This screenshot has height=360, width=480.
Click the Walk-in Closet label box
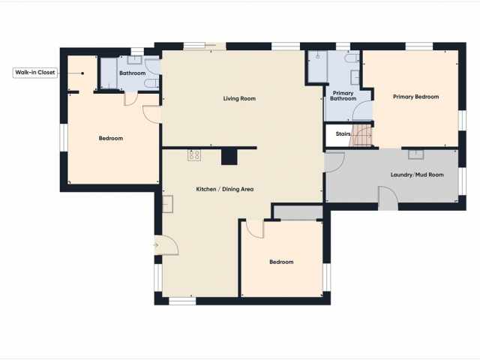(34, 73)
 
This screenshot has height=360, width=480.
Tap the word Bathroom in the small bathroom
(132, 73)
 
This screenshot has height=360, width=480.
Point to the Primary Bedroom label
(416, 97)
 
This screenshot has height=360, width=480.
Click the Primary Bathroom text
(343, 96)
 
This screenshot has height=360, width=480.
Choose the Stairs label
(343, 134)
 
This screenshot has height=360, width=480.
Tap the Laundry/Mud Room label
(417, 175)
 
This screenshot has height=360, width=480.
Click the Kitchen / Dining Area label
(225, 189)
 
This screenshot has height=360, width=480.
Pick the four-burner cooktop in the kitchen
(194, 155)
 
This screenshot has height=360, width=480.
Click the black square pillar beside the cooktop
(228, 156)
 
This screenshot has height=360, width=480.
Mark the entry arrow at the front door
(155, 244)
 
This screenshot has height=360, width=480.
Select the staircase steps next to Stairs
(364, 136)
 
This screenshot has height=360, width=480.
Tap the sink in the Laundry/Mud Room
(416, 154)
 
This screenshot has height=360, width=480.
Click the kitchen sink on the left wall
(167, 203)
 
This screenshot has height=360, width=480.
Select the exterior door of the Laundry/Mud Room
(388, 198)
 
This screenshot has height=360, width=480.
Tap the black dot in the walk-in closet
(82, 73)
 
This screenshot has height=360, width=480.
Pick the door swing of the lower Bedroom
(255, 228)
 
